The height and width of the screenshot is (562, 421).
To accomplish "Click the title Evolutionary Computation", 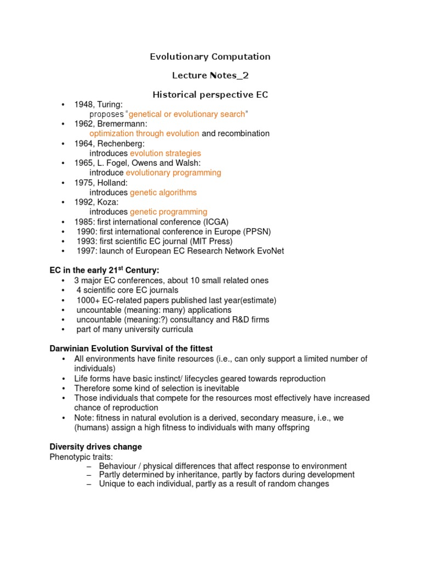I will click(x=210, y=57).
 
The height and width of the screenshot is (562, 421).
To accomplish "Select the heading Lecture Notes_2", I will click(x=210, y=75).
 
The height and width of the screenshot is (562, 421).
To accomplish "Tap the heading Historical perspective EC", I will click(x=210, y=94).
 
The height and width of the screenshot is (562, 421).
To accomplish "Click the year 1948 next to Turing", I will click(x=84, y=104).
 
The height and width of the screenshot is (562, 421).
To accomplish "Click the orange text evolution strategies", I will click(x=166, y=153).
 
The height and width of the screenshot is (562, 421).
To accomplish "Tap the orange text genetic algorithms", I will click(x=163, y=192).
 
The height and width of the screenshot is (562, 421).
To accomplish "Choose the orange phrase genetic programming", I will click(x=169, y=212).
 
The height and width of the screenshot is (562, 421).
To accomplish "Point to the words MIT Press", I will click(x=210, y=241).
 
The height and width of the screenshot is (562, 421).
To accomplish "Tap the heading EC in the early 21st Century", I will click(x=104, y=270).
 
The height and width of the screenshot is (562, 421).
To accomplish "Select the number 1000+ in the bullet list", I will click(x=87, y=300).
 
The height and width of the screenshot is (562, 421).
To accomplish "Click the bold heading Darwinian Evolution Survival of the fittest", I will click(x=131, y=349).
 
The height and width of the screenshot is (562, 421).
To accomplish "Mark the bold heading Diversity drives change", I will click(x=96, y=446).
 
